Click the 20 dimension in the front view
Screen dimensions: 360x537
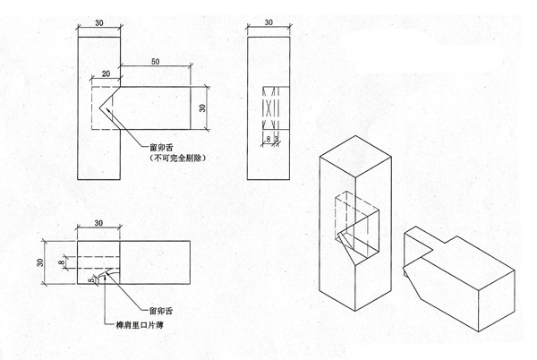point(106,73)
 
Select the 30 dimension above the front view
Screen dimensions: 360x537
point(98,21)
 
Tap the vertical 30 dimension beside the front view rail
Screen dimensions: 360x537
point(202,107)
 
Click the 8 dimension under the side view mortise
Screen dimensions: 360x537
point(267,139)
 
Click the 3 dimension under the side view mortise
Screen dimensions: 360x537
point(276,139)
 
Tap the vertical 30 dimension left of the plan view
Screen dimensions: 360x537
point(39,262)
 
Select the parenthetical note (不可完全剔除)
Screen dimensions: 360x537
point(177,158)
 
